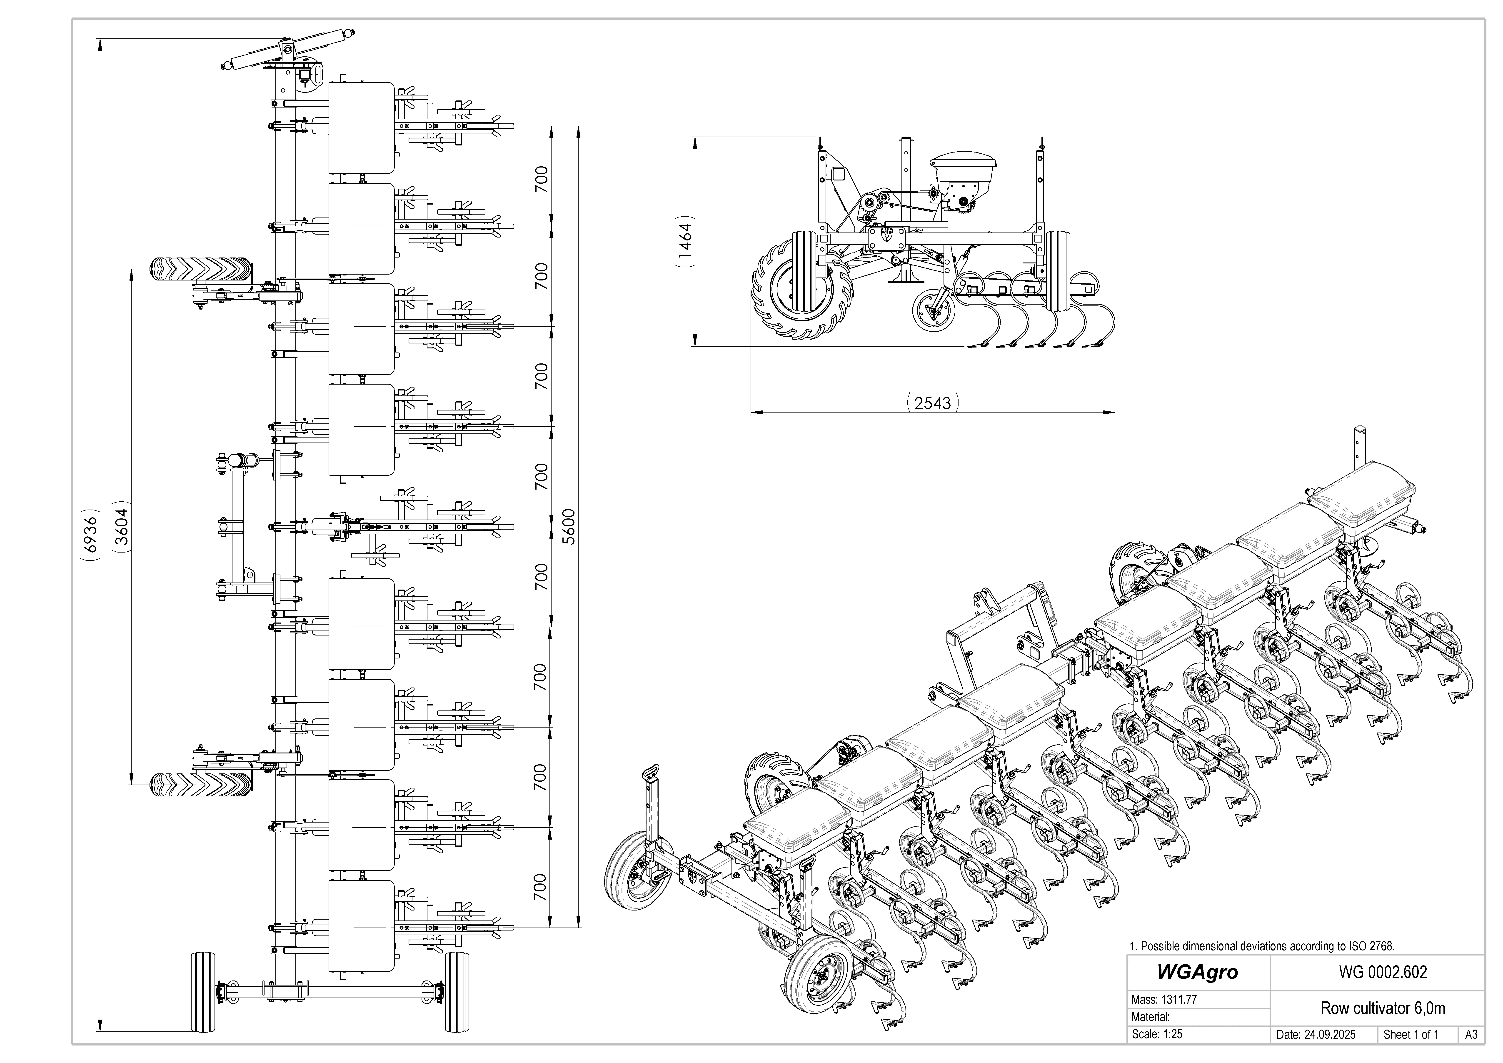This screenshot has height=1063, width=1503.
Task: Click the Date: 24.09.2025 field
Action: [x=1316, y=1035]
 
